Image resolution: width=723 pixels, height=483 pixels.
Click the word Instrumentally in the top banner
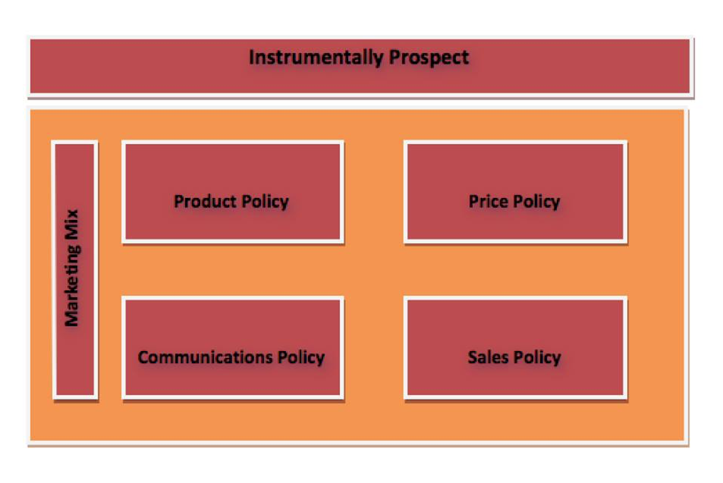pyautogui.click(x=316, y=58)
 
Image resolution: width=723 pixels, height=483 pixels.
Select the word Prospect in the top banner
pyautogui.click(x=429, y=58)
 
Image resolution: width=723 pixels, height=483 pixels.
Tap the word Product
pyautogui.click(x=205, y=201)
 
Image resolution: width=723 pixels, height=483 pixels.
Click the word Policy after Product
pyautogui.click(x=265, y=202)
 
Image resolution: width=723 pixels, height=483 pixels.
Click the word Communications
pyautogui.click(x=205, y=357)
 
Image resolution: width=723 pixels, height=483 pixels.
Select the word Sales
pyautogui.click(x=488, y=357)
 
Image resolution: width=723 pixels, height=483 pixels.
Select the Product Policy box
pyautogui.click(x=233, y=192)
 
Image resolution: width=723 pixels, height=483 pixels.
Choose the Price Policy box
pyautogui.click(x=515, y=192)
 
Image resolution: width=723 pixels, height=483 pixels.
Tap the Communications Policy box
pyautogui.click(x=233, y=348)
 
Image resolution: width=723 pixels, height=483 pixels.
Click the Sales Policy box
pyautogui.click(x=515, y=348)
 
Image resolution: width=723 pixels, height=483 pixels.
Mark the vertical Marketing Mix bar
pyautogui.click(x=75, y=270)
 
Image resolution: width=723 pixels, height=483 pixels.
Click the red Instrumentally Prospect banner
pyautogui.click(x=360, y=66)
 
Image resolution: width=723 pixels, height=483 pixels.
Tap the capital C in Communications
pyautogui.click(x=144, y=357)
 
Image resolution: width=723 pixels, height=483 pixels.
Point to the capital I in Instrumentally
pyautogui.click(x=251, y=57)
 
